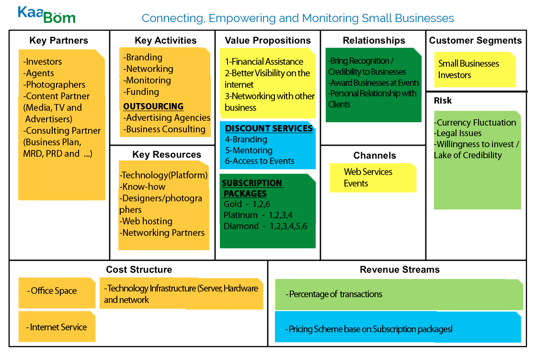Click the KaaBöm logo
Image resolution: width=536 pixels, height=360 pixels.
coord(46,14)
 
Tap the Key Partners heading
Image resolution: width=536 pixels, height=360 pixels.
coord(59,41)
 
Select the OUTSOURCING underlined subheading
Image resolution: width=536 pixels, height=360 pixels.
coord(153,106)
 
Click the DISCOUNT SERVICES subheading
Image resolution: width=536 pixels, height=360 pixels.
coord(269,128)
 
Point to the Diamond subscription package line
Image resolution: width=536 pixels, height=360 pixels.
coord(265,226)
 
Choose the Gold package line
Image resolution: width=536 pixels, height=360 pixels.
coord(247,204)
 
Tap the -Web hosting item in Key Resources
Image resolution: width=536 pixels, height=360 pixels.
coord(146,221)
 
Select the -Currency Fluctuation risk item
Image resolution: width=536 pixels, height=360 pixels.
coord(475,123)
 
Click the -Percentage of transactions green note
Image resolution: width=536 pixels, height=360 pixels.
coord(399,294)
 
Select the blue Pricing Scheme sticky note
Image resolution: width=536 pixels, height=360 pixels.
coord(398,329)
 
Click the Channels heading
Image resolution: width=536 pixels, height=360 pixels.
coord(375,156)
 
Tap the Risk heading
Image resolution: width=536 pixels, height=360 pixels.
coord(443,101)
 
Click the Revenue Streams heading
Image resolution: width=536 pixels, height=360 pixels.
coord(399,270)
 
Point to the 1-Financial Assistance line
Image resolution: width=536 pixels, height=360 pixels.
coord(264,62)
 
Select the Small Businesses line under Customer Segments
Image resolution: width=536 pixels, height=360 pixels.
coord(462,64)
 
